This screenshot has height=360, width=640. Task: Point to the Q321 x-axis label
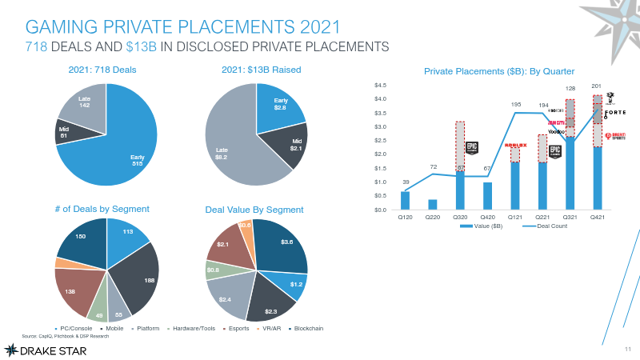coord(570,217)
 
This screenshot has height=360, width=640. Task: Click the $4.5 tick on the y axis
coord(381,85)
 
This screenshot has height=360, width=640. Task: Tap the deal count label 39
coord(406,182)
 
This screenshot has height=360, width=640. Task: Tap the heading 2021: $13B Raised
coord(261,70)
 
